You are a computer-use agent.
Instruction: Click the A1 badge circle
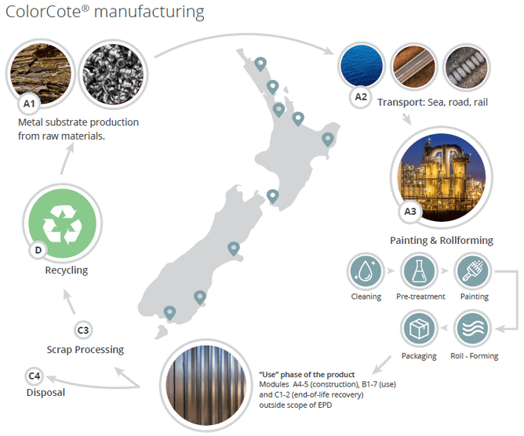28,103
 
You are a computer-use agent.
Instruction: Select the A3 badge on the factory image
408,209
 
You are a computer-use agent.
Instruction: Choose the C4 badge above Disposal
35,376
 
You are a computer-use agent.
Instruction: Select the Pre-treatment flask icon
418,271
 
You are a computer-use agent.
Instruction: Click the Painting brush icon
474,271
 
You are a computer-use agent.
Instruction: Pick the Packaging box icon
418,328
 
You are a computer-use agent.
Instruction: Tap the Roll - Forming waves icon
474,328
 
